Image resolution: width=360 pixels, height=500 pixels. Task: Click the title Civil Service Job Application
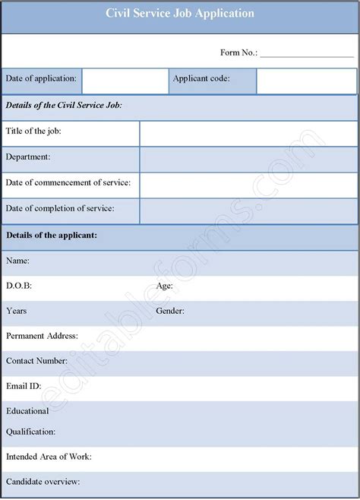click(x=180, y=14)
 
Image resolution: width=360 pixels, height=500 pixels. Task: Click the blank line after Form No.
click(x=306, y=53)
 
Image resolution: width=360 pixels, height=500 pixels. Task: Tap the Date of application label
click(x=41, y=78)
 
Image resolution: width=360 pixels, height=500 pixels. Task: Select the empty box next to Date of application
click(x=125, y=81)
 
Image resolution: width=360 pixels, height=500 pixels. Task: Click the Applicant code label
click(x=201, y=78)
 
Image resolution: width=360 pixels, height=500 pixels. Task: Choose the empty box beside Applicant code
click(x=306, y=81)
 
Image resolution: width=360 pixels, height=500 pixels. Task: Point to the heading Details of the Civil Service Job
click(x=64, y=106)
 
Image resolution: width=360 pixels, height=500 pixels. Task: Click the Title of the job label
click(x=33, y=131)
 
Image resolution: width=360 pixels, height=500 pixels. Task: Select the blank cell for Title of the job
click(x=248, y=133)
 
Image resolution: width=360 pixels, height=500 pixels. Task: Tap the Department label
click(x=28, y=157)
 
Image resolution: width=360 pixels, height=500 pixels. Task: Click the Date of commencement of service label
click(x=68, y=182)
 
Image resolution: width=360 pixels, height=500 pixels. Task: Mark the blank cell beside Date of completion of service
click(x=248, y=210)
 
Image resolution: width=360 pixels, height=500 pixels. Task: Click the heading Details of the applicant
click(x=52, y=236)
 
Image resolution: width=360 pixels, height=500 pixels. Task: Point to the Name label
click(x=17, y=261)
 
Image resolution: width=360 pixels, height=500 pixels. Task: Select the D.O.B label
click(x=19, y=286)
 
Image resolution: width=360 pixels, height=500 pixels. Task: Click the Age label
click(x=164, y=286)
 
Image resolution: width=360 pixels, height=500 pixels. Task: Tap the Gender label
click(x=170, y=311)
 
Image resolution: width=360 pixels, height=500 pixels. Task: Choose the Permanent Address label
click(x=42, y=335)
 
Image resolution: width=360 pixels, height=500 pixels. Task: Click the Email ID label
click(x=24, y=385)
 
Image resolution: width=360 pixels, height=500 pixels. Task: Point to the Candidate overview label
click(x=43, y=482)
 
